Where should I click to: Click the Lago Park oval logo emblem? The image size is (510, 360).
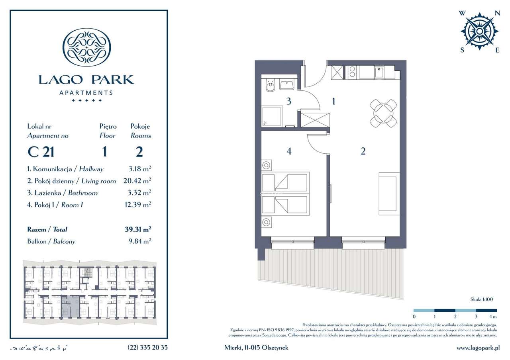coord(87,47)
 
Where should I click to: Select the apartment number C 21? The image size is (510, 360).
coord(41,152)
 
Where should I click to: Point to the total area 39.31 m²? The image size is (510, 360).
coord(138,229)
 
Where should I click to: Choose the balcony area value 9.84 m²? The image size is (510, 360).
coord(138,241)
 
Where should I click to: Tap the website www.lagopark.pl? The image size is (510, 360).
coord(478,347)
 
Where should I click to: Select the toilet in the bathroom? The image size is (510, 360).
coord(270,86)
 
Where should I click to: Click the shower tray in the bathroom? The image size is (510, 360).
coord(271,115)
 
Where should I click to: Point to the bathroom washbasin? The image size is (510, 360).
coord(286,84)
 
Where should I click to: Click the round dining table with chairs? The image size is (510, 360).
coord(383,113)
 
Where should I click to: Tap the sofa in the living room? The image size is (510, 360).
coord(389,194)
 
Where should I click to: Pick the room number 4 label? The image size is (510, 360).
coord(289,151)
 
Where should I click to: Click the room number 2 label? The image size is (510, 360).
coord(363,151)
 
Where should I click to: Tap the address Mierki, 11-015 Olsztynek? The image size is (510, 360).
coord(256,347)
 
